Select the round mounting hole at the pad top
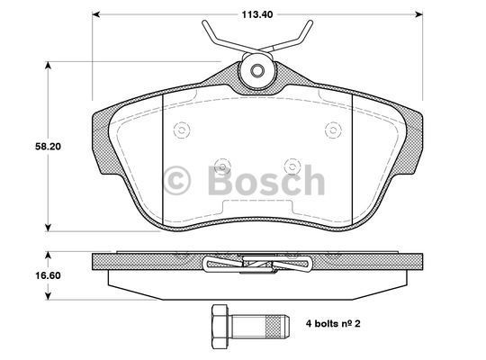pyautogui.click(x=257, y=71)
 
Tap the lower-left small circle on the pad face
pyautogui.click(x=220, y=165)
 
